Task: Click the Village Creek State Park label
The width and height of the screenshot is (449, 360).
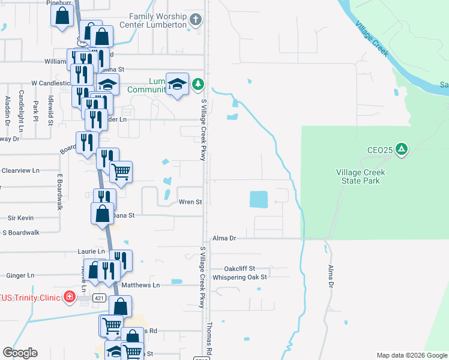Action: (360, 176)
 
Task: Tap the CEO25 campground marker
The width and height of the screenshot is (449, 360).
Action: (402, 149)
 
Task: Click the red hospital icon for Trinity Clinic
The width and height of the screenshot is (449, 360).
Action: (70, 297)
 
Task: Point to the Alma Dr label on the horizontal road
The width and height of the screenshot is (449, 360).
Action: (225, 238)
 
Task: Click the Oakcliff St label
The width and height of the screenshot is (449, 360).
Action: (240, 268)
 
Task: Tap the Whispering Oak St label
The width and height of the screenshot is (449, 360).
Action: (243, 277)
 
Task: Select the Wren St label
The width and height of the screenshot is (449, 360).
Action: (190, 202)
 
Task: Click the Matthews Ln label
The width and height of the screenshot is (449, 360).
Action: (140, 285)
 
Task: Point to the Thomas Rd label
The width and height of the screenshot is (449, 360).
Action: (209, 339)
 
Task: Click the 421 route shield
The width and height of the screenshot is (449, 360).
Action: (98, 298)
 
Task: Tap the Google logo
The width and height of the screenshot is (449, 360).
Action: (20, 353)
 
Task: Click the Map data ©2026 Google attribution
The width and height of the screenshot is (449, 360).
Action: (412, 355)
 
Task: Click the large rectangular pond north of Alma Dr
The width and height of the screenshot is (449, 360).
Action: (258, 199)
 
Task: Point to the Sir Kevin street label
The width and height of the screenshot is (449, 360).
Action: (20, 218)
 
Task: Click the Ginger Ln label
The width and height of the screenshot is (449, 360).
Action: (20, 275)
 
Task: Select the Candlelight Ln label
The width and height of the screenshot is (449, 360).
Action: (21, 111)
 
